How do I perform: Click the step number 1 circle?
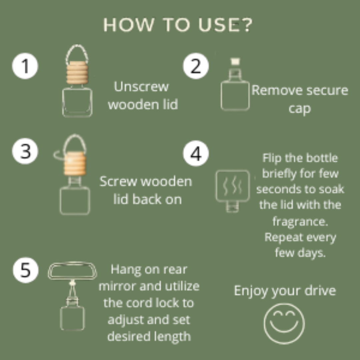pyautogui.click(x=25, y=66)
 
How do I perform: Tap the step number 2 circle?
pyautogui.click(x=196, y=66)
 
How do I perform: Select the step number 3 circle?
pyautogui.click(x=25, y=151)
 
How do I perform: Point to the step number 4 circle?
pyautogui.click(x=196, y=154)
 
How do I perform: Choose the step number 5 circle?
pyautogui.click(x=26, y=270)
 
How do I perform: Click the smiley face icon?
pyautogui.click(x=284, y=323)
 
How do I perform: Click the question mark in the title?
pyautogui.click(x=247, y=25)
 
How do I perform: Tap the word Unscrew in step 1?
pyautogui.click(x=141, y=87)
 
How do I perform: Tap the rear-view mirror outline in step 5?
pyautogui.click(x=72, y=270)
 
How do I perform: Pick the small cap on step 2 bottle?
pyautogui.click(x=236, y=62)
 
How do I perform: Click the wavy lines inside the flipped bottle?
pyautogui.click(x=232, y=186)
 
